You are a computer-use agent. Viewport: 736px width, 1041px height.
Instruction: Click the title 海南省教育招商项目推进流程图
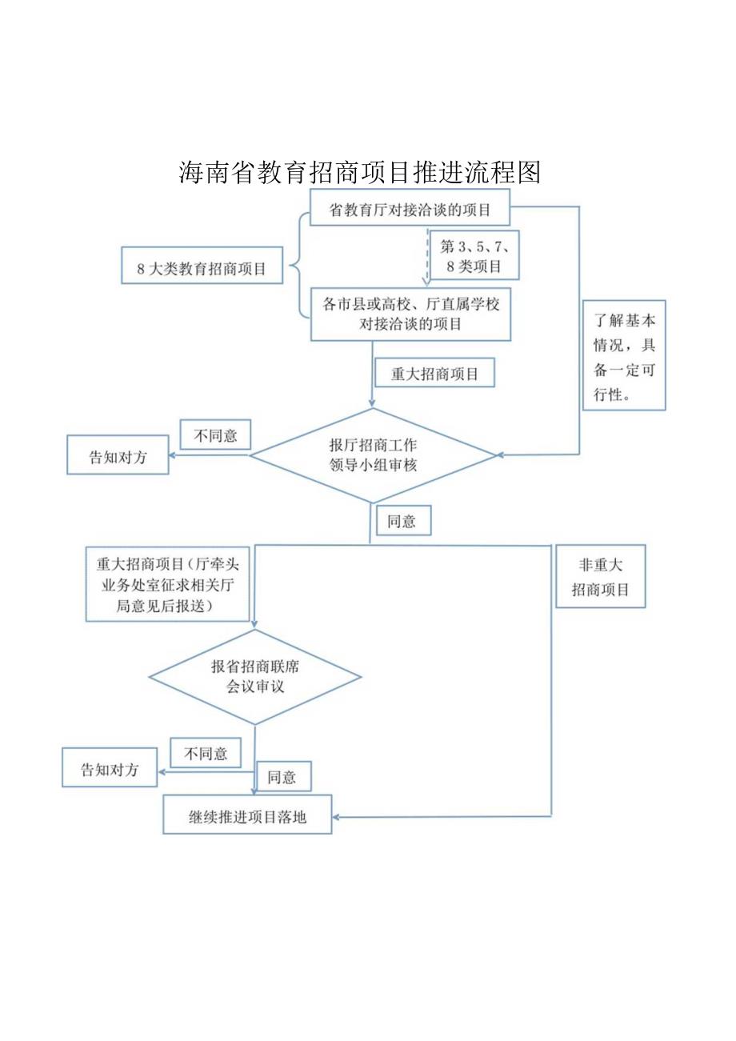(360, 171)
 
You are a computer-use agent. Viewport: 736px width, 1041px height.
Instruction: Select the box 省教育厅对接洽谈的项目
(410, 210)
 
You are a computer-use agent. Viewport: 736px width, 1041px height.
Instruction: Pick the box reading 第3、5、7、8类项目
(474, 257)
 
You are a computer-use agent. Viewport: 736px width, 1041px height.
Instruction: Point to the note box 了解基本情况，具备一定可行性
(624, 356)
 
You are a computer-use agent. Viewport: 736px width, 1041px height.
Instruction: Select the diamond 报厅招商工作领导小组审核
(374, 455)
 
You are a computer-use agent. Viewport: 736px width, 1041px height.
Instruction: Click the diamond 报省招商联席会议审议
(255, 677)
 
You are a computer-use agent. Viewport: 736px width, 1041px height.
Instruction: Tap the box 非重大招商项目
(600, 578)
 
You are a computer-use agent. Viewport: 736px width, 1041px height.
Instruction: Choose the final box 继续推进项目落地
(248, 815)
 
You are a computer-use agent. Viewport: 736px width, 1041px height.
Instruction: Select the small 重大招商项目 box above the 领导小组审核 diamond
(434, 374)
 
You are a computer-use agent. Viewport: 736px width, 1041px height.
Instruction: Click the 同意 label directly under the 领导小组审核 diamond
(402, 521)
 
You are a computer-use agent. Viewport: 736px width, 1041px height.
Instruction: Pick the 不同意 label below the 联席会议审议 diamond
(206, 754)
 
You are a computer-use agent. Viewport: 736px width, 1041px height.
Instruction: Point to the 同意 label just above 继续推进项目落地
(282, 776)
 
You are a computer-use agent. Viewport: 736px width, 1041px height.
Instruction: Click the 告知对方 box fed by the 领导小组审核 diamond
(118, 456)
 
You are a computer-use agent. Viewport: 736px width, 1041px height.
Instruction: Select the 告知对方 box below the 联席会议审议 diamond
(110, 768)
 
